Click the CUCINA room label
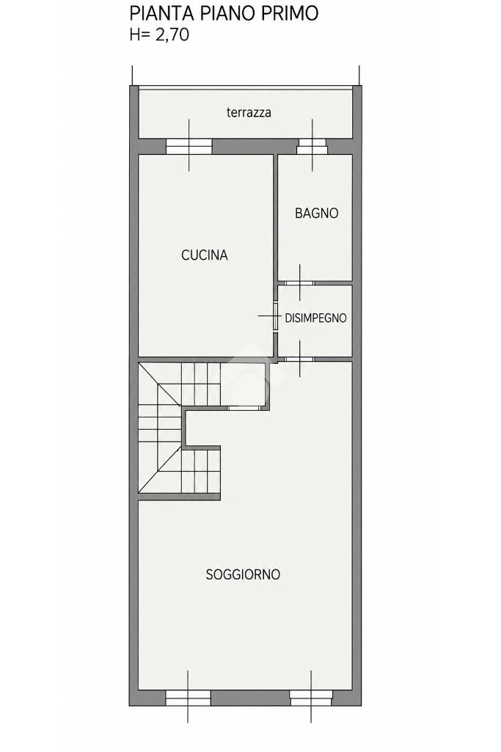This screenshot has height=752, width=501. [x=204, y=255]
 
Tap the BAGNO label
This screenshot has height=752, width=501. [x=316, y=213]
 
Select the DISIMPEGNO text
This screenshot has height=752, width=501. [x=315, y=318]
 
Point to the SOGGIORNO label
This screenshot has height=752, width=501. [x=243, y=574]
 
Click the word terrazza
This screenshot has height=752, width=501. [x=249, y=112]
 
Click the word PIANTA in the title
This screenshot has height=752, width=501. [x=161, y=13]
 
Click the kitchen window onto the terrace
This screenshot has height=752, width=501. [x=189, y=146]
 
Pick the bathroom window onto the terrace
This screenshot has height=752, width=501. [x=312, y=146]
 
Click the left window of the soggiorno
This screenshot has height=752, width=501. [x=188, y=697]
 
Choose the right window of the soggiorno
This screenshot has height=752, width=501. [x=311, y=697]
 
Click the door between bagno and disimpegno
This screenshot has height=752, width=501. [x=299, y=283]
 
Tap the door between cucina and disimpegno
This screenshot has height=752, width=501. [x=276, y=315]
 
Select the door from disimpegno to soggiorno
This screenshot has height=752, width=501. [x=299, y=358]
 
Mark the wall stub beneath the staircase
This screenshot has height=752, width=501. [x=179, y=497]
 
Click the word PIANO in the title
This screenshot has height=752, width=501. [x=226, y=13]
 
